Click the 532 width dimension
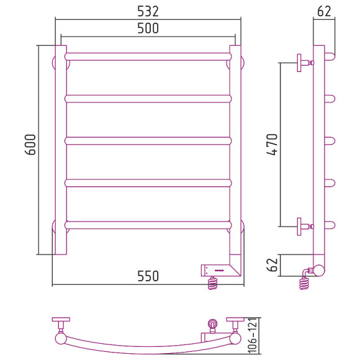pyautogui.click(x=148, y=11)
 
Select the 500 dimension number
pyautogui.click(x=148, y=28)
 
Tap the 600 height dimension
pyautogui.click(x=30, y=145)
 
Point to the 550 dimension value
pyautogui.click(x=148, y=276)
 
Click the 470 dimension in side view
pyautogui.click(x=272, y=145)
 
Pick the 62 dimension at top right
pyautogui.click(x=324, y=11)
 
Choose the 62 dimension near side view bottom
pyautogui.click(x=272, y=264)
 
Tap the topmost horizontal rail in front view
pyautogui.click(x=148, y=56)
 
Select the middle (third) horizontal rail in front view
pyautogui.click(x=148, y=141)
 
